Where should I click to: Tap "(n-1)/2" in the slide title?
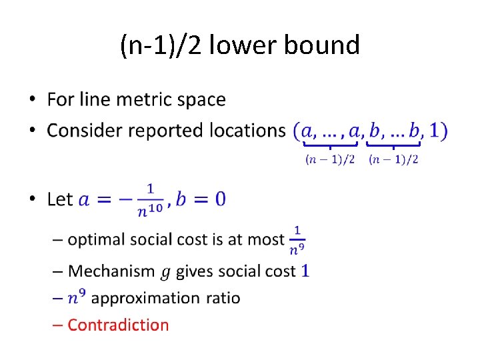coord(160,45)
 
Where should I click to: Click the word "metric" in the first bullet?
coord(146,100)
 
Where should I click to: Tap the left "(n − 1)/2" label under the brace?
coord(330,159)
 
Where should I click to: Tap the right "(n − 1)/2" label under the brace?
coord(394,159)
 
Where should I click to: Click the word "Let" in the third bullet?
coord(60,199)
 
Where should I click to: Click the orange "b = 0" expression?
coord(201,199)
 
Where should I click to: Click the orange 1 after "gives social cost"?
coord(305,271)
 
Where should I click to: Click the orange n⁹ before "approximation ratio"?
coord(77,297)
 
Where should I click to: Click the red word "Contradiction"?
coord(118,325)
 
